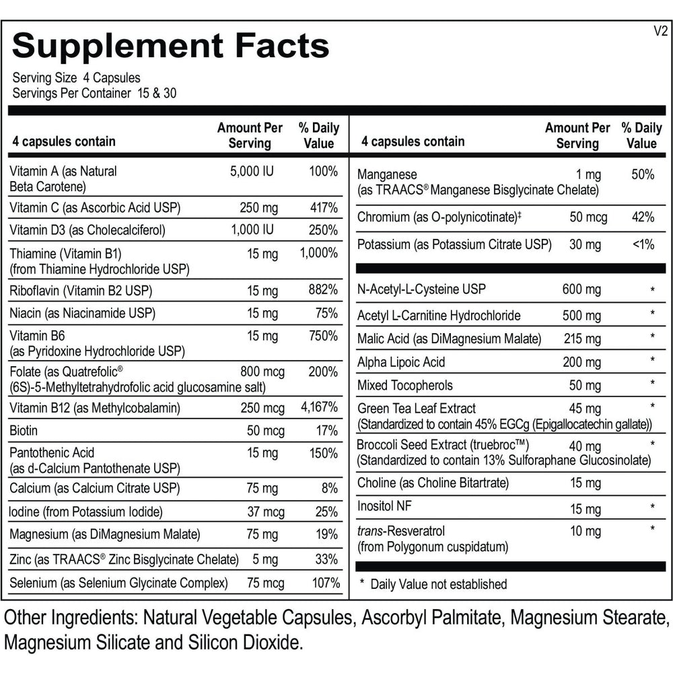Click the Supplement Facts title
tap(171, 46)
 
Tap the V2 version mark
tap(660, 31)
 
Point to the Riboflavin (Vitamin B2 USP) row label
tap(81, 291)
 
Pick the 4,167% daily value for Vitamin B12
tap(318, 408)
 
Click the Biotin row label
tap(24, 430)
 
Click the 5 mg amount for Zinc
tap(264, 559)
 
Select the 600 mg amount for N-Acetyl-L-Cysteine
tap(581, 289)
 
